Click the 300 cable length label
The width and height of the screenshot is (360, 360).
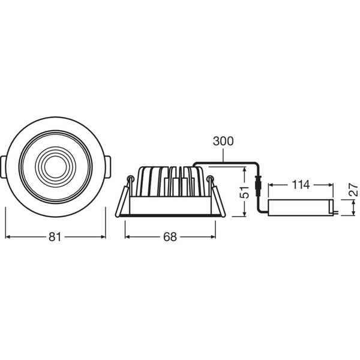coord(223,141)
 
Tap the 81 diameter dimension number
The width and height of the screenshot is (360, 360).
coord(55,237)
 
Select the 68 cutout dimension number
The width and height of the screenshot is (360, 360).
coord(170,237)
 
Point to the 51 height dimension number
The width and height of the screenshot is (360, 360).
coord(244,192)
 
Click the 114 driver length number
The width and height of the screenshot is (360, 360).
coord(301,185)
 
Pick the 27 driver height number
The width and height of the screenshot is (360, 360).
coord(353,190)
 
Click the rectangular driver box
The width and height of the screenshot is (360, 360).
coord(301,208)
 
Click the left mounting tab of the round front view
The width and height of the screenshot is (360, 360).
coord(3,167)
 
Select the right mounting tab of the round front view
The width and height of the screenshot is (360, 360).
coord(107,167)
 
